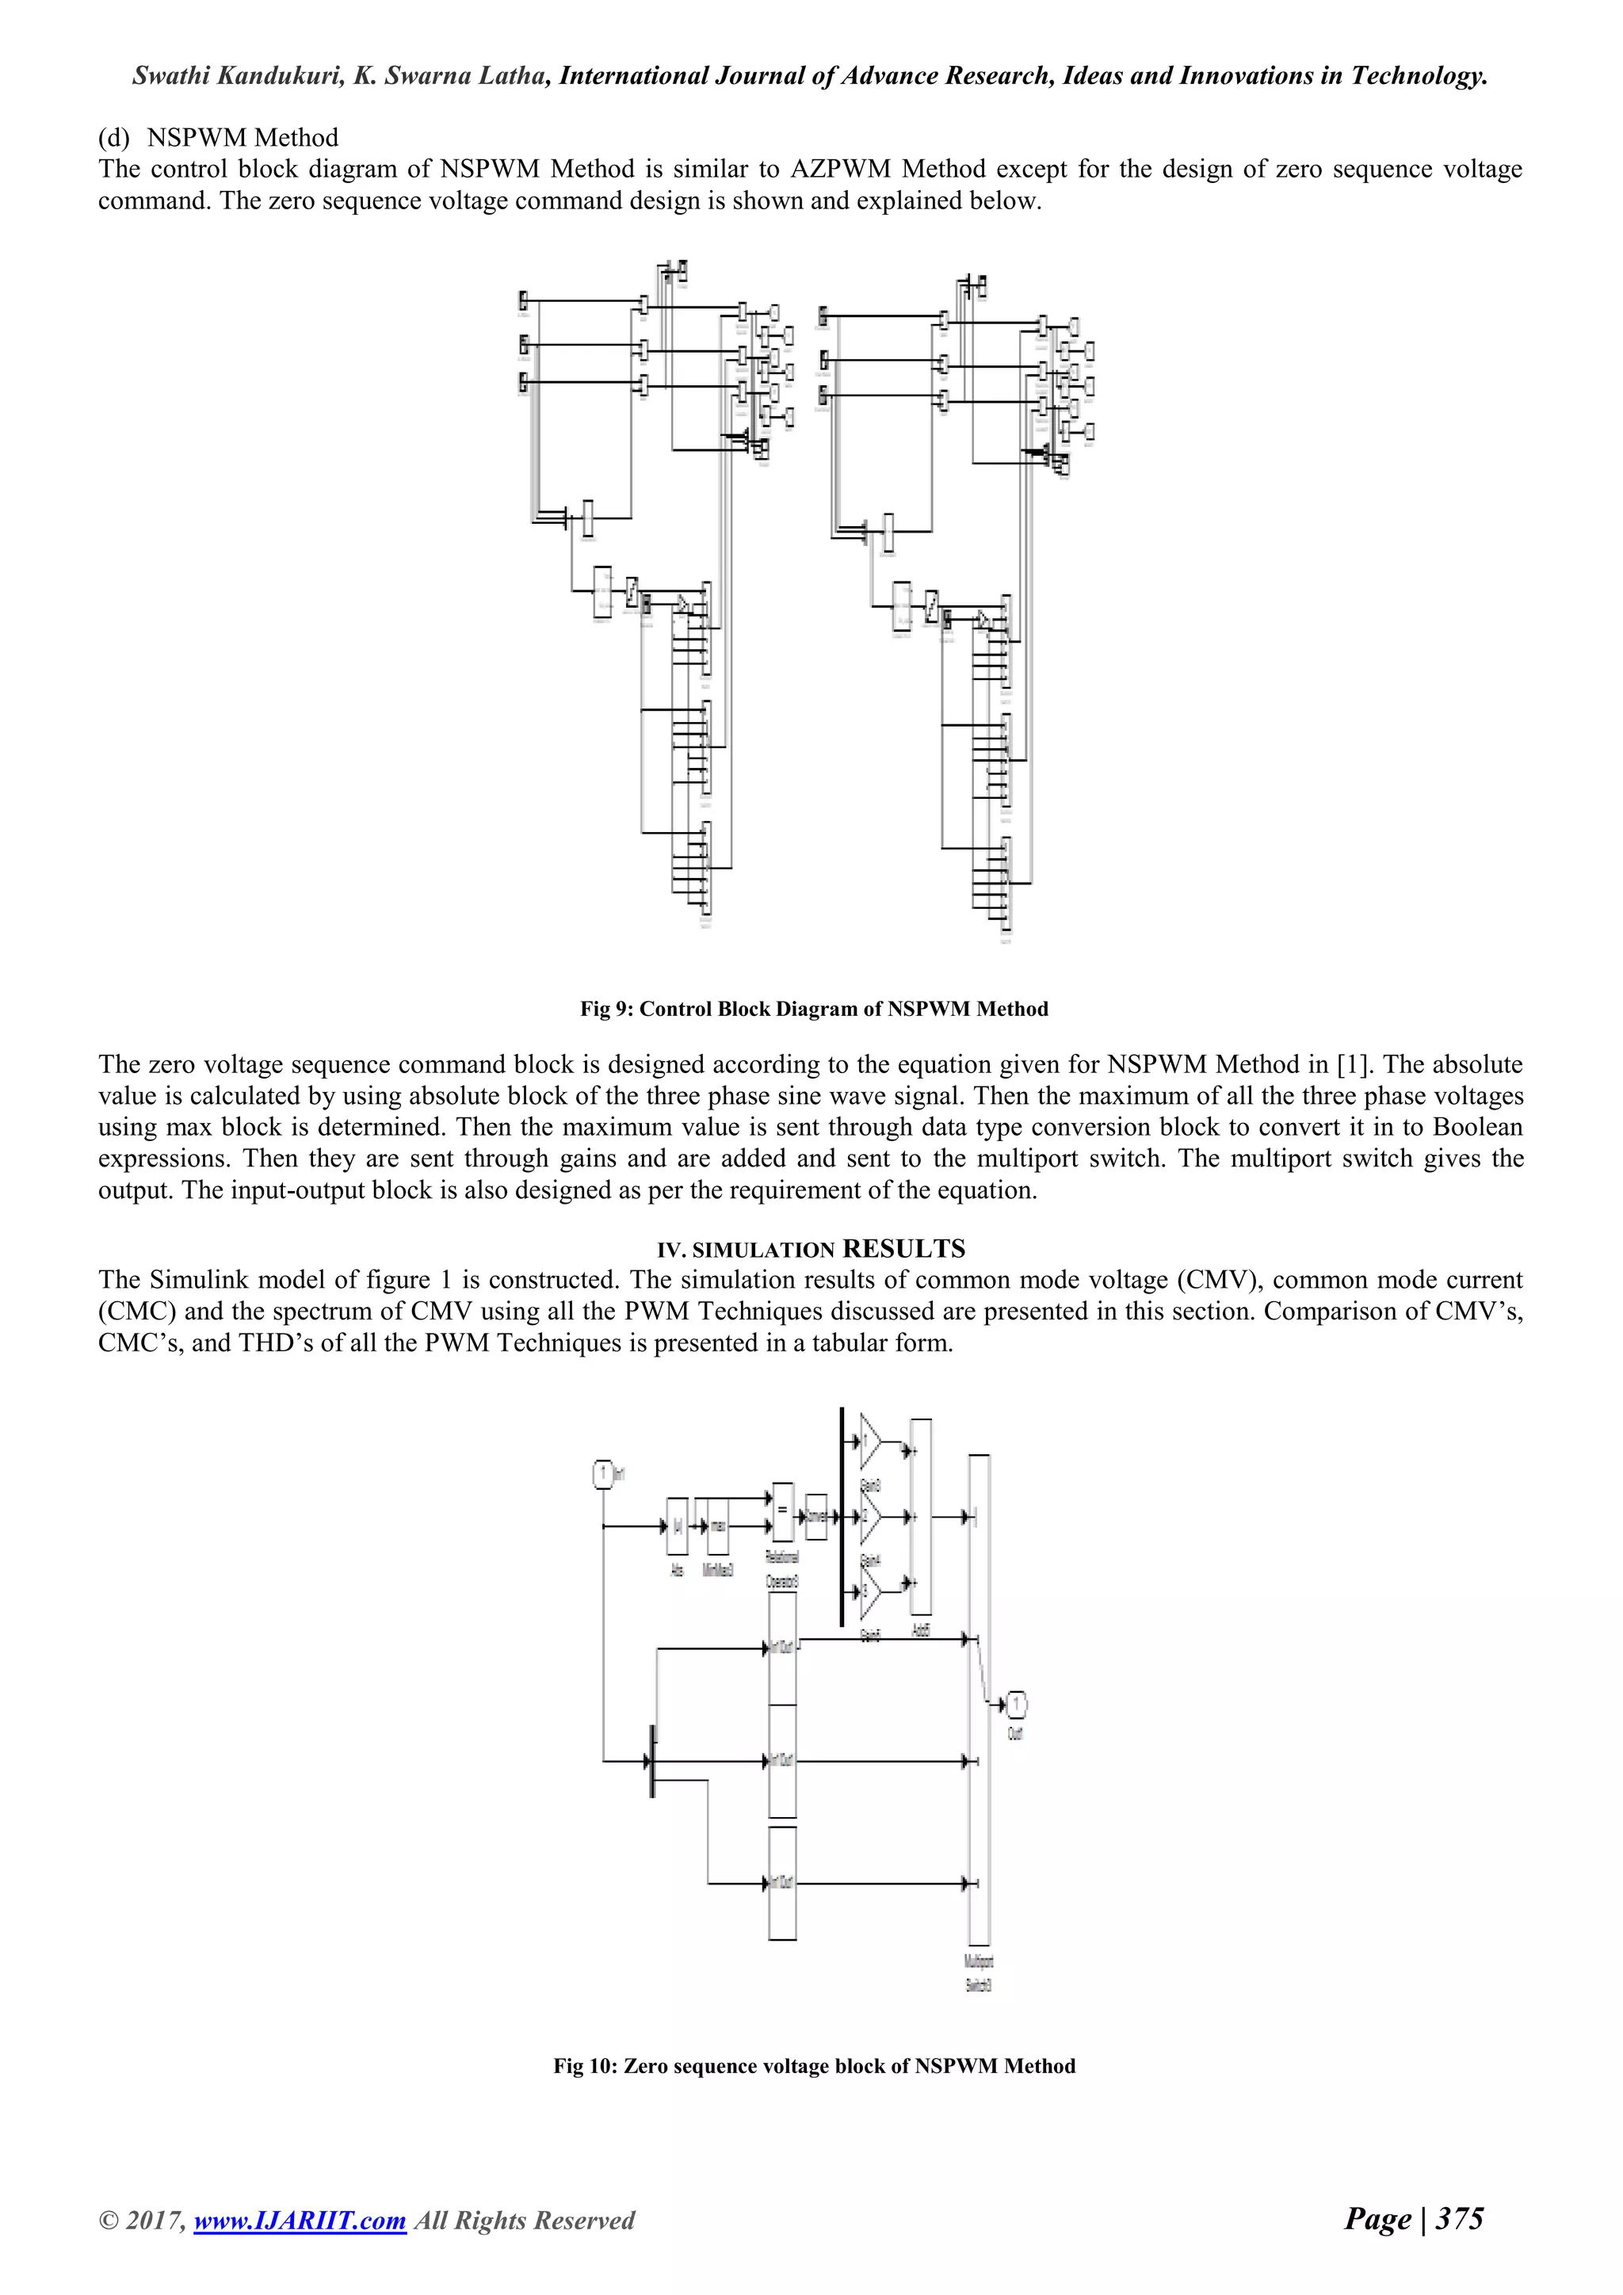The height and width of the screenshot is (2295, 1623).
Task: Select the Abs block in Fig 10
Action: [x=678, y=1526]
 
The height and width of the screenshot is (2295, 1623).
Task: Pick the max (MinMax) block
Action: [x=717, y=1526]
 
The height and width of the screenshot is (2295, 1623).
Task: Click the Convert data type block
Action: [x=815, y=1516]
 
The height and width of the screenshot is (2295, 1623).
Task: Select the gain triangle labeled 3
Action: [x=869, y=1590]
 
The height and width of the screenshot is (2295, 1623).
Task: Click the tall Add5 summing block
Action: [x=920, y=1516]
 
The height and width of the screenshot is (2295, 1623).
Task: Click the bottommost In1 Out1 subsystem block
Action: [x=782, y=1882]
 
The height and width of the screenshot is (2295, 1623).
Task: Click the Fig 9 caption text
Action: [x=814, y=1009]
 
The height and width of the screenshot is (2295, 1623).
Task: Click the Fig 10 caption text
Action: [x=814, y=2066]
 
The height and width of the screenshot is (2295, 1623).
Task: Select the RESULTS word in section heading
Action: [x=903, y=1248]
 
